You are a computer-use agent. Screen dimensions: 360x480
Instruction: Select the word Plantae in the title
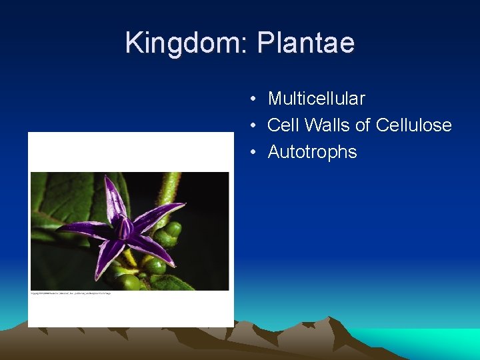[306, 43]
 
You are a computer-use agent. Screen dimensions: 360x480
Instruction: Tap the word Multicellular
[316, 99]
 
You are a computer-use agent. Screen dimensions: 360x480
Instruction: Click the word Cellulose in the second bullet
[413, 125]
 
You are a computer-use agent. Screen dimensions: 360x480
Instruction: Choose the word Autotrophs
[312, 152]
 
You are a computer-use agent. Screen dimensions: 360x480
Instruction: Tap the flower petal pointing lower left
[107, 257]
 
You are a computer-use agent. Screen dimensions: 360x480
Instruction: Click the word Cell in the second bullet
[283, 125]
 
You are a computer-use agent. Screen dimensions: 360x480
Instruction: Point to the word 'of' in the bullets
[363, 125]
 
